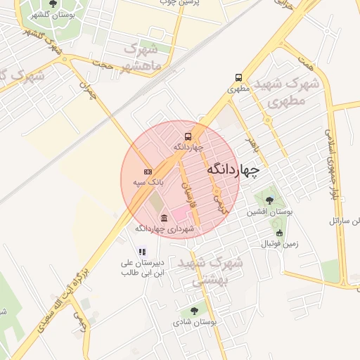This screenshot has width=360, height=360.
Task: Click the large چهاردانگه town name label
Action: coord(233,169)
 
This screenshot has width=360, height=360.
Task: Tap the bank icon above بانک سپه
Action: coord(148,172)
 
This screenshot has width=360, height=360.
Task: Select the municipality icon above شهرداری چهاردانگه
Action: coord(164,217)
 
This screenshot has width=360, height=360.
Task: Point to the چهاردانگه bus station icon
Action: coord(188,136)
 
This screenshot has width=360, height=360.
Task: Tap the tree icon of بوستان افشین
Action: coord(269,200)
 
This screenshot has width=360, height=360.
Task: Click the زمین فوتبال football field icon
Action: coord(279,233)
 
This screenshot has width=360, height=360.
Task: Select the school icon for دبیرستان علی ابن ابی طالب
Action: coord(142,252)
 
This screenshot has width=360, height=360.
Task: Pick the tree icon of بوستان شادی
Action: coord(194,311)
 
